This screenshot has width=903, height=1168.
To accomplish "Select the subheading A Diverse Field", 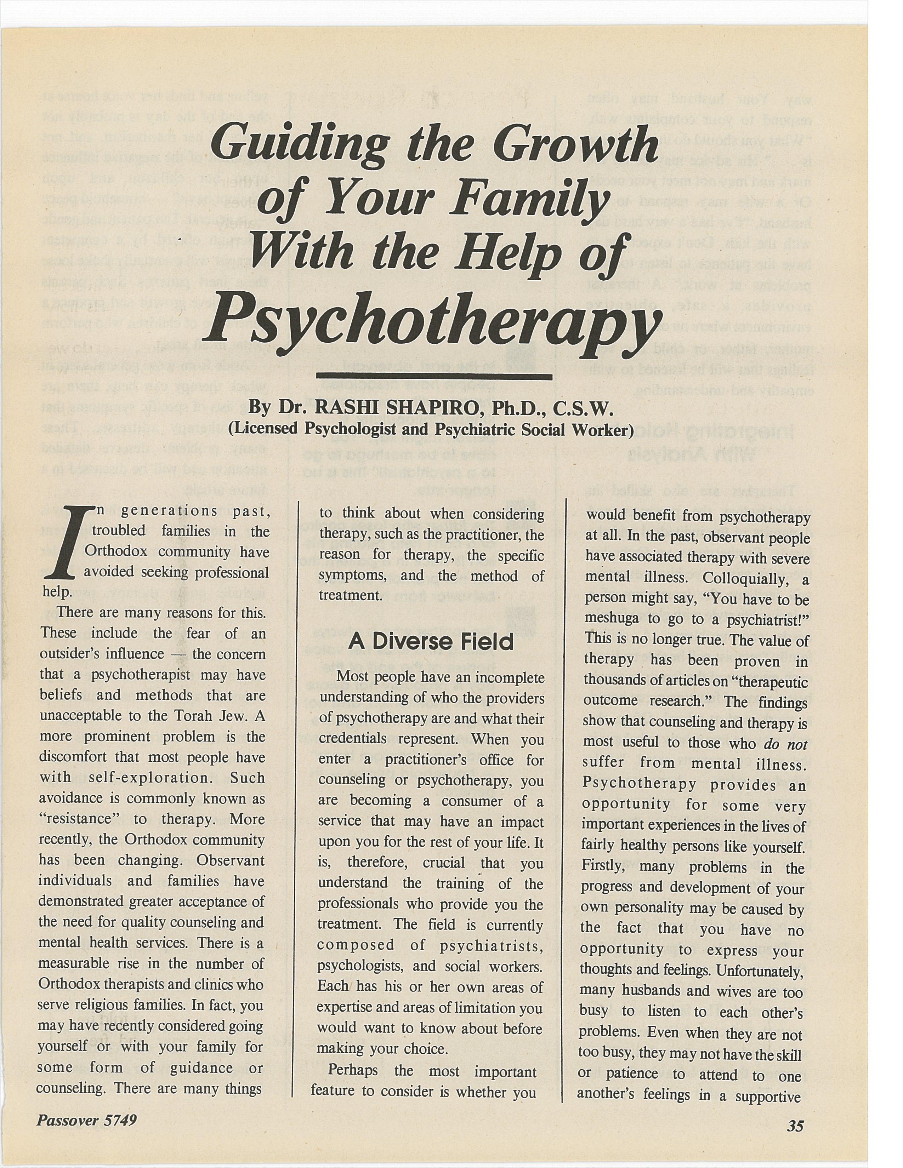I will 431,642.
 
